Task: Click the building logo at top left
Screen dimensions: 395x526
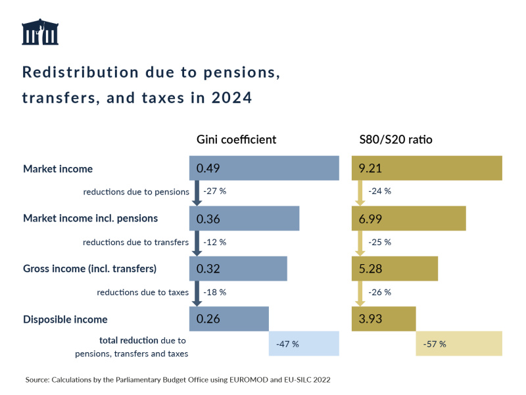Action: click(40, 32)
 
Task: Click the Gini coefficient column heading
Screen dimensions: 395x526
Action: click(236, 139)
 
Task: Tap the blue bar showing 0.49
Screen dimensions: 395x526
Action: click(264, 168)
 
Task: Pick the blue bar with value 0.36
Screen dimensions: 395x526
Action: click(244, 218)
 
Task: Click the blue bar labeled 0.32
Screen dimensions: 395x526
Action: click(238, 268)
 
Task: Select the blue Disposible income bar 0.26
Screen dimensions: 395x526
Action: click(229, 319)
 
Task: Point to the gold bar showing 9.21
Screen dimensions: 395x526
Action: click(427, 168)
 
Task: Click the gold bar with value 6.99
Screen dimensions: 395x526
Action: click(408, 218)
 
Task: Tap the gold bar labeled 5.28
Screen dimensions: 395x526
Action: click(394, 268)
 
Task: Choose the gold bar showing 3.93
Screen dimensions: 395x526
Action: click(383, 319)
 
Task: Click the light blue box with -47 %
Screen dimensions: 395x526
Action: click(304, 344)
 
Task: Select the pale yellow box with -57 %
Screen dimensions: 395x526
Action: click(459, 344)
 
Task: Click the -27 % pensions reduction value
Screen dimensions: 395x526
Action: click(215, 191)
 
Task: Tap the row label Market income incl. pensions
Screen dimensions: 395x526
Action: click(90, 218)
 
